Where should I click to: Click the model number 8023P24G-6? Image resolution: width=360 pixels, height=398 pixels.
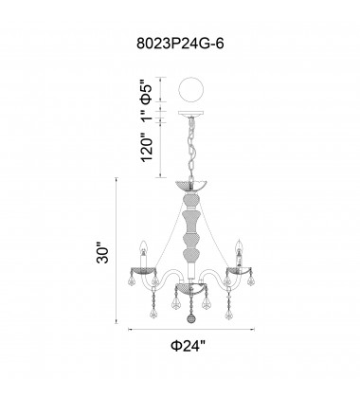[x=180, y=44]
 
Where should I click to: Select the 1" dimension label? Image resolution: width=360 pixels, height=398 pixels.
[x=147, y=115]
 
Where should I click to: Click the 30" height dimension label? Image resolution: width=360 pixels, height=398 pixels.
[x=102, y=253]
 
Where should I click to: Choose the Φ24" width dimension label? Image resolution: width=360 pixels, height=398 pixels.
[x=189, y=346]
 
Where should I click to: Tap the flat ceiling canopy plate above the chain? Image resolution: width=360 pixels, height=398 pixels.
[x=191, y=113]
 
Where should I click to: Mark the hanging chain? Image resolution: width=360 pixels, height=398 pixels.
[x=191, y=148]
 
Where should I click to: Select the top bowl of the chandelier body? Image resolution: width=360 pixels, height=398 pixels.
[x=191, y=186]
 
